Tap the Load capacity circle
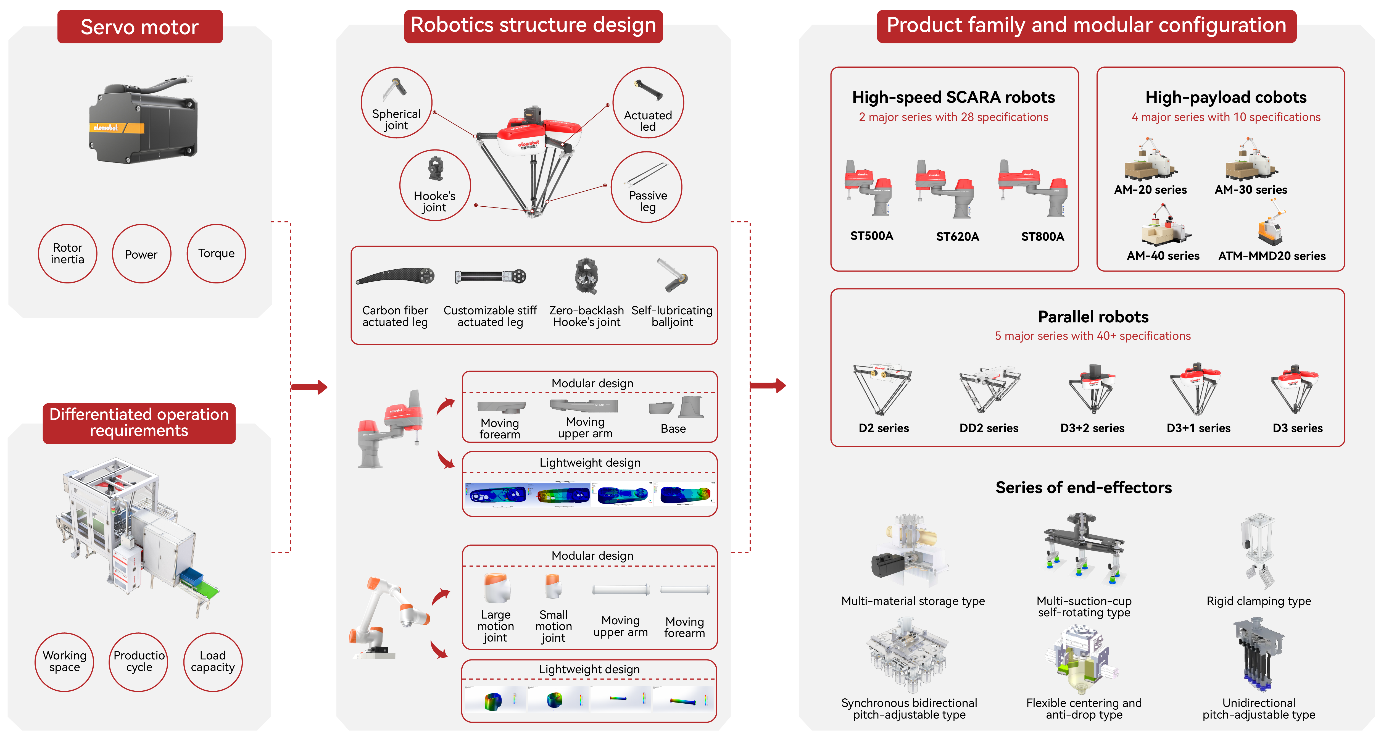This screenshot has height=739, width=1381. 213,662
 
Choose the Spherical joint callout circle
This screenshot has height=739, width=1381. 396,102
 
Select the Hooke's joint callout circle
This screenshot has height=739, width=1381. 435,185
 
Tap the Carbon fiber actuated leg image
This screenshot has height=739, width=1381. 396,276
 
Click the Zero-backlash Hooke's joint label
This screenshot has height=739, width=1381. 586,316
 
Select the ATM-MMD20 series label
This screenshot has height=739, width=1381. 1272,256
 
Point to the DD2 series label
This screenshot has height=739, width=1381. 989,428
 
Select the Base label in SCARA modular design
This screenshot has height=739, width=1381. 673,428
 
